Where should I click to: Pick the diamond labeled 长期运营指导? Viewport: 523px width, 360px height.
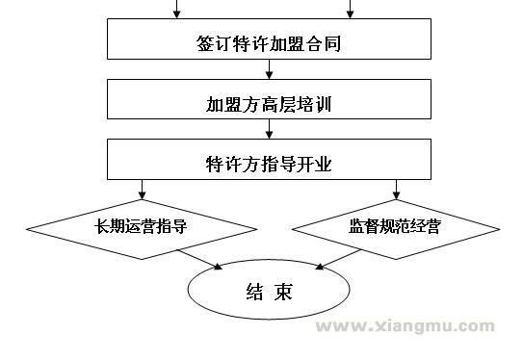(142, 228)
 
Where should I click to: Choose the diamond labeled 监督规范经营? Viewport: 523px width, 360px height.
(396, 228)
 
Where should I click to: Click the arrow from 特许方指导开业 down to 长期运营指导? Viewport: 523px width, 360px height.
(142, 190)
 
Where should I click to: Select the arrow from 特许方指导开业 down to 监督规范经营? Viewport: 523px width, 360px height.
(396, 190)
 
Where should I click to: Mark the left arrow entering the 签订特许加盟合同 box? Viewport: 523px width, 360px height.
(176, 11)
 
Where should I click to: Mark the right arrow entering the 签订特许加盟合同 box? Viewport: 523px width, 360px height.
(350, 11)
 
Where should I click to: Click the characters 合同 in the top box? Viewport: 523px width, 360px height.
(327, 44)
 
